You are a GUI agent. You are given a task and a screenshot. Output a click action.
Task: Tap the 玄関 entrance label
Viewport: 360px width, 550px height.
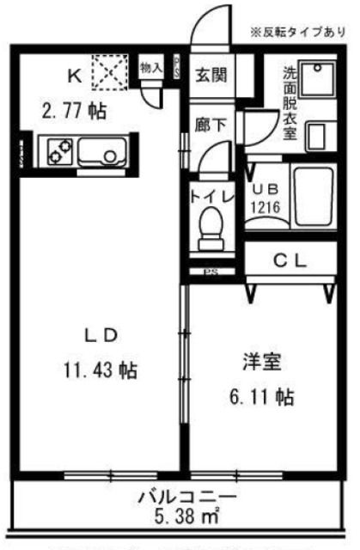click(211, 75)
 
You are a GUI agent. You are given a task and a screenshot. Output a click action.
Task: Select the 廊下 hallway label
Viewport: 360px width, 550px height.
click(211, 125)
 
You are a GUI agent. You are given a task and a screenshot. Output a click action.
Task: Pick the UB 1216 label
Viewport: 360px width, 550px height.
click(264, 199)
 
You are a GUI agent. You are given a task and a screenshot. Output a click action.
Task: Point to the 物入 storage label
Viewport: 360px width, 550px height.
click(152, 67)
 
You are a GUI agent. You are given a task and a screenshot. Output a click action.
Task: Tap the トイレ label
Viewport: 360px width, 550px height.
click(211, 196)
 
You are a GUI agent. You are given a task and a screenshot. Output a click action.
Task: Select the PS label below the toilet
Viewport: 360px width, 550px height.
click(210, 273)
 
